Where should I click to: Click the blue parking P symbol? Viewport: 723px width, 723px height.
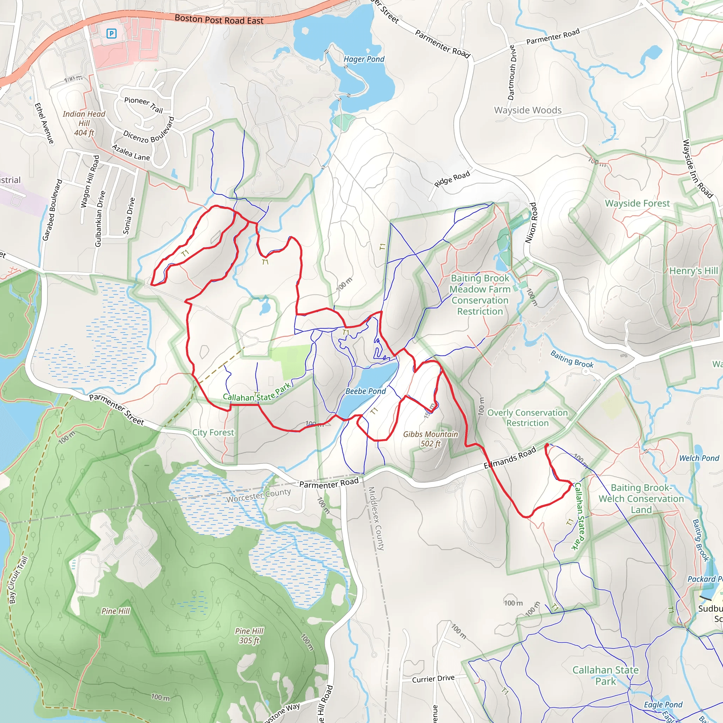[x=111, y=34]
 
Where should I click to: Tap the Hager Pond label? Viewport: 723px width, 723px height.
[x=364, y=59]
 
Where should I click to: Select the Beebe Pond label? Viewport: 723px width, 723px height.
[x=365, y=391]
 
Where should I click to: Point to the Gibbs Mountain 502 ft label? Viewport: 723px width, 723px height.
[x=430, y=438]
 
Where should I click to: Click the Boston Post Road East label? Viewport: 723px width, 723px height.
[x=219, y=19]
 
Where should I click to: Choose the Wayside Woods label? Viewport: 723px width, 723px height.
[x=528, y=110]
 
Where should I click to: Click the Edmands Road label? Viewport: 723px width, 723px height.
[x=510, y=458]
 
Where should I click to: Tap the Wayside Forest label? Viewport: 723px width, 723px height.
[x=637, y=203]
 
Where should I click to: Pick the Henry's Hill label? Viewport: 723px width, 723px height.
[x=693, y=270]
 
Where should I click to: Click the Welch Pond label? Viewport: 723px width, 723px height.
[x=699, y=458]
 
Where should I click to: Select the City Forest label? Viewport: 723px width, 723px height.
[x=213, y=432]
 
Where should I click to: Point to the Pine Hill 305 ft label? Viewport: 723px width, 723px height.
[x=249, y=636]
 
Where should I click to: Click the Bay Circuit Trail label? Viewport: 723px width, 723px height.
[x=18, y=580]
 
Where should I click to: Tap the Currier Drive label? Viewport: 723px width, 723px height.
[x=433, y=679]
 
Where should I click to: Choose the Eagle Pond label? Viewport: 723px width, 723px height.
[x=663, y=705]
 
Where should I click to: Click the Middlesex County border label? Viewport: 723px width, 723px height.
[x=376, y=518]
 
